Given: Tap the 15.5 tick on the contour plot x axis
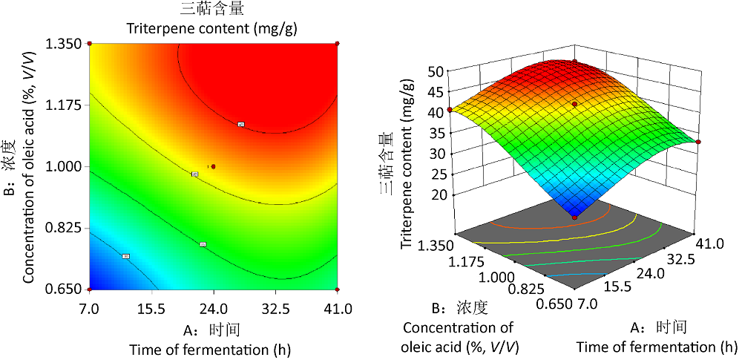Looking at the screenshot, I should click(x=151, y=307).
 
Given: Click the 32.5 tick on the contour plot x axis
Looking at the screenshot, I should click(x=275, y=307).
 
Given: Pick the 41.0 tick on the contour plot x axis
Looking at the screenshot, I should click(x=338, y=307).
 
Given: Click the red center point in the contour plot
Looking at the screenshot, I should click(x=213, y=166).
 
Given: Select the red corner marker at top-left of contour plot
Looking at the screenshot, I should click(x=89, y=44).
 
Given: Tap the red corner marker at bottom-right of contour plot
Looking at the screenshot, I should click(x=338, y=289).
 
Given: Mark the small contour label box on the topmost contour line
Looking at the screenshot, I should click(x=241, y=124).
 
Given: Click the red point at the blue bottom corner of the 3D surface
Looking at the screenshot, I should click(x=574, y=216).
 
